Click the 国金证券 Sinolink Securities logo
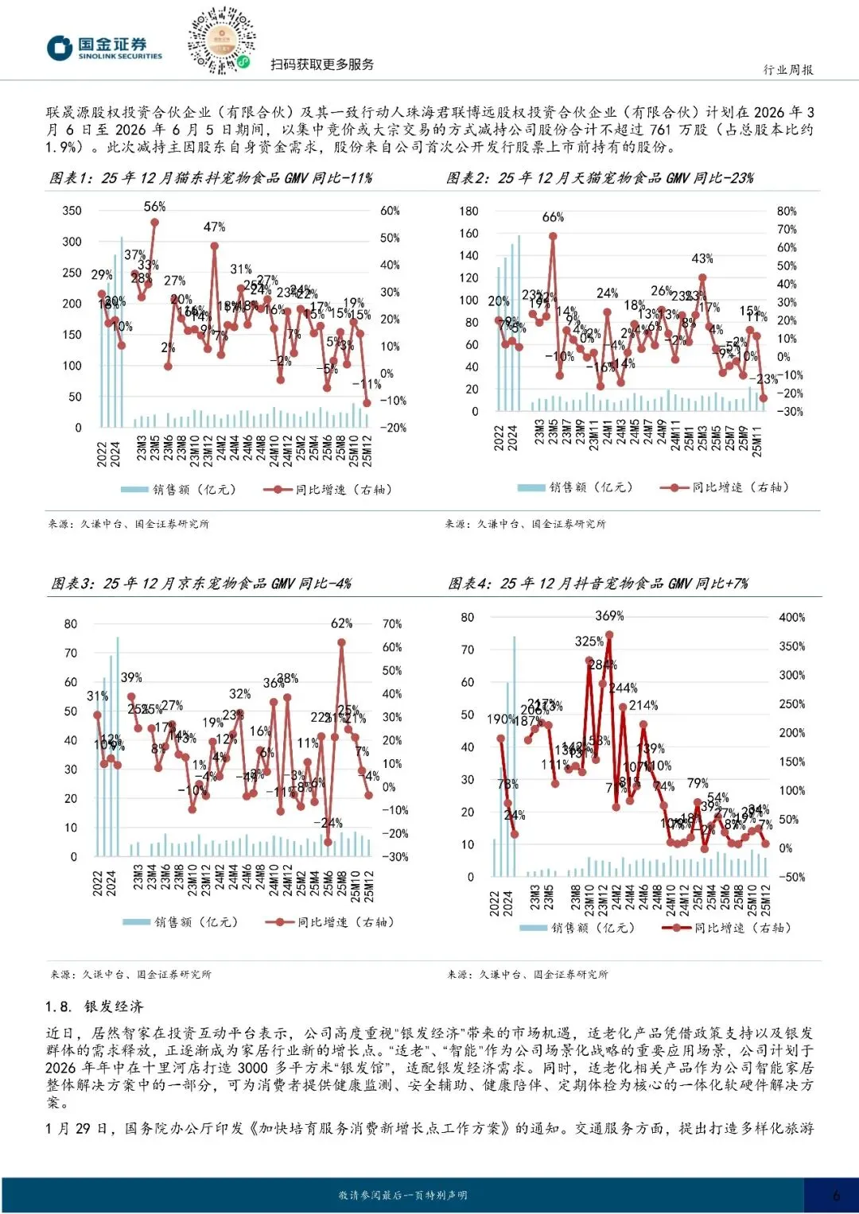pos(104,48)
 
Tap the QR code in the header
pos(222,41)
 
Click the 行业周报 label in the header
pos(787,70)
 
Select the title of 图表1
pos(211,178)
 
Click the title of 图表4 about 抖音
pos(598,584)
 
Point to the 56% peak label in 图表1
pos(155,207)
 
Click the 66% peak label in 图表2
pos(553,217)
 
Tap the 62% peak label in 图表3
pos(341,623)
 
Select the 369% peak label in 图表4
pos(609,616)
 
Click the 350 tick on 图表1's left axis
pos(72,211)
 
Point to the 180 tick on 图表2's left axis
pos(468,211)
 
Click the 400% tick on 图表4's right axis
pos(791,618)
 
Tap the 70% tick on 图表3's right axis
pos(392,624)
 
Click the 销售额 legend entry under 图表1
pos(179,490)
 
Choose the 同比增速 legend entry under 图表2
pos(725,487)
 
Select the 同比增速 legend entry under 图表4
pos(727,928)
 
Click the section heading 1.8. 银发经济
pos(94,1006)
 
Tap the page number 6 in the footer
pos(836,1195)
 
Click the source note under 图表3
pos(130,974)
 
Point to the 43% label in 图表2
pos(702,258)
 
